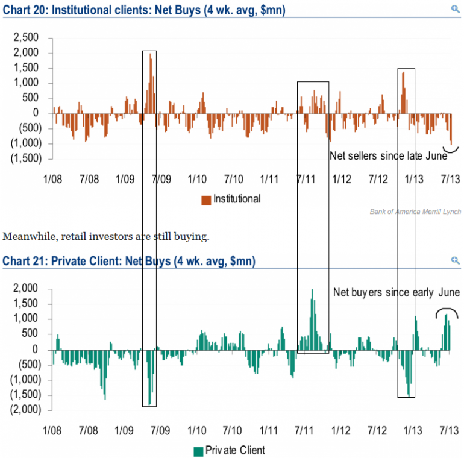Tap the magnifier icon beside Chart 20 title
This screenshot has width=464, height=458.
click(455, 9)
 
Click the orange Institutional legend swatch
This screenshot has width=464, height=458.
click(205, 199)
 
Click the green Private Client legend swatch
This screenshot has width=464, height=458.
click(197, 450)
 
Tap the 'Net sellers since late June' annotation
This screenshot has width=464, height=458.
click(388, 156)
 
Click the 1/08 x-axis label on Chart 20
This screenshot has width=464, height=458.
click(52, 180)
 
